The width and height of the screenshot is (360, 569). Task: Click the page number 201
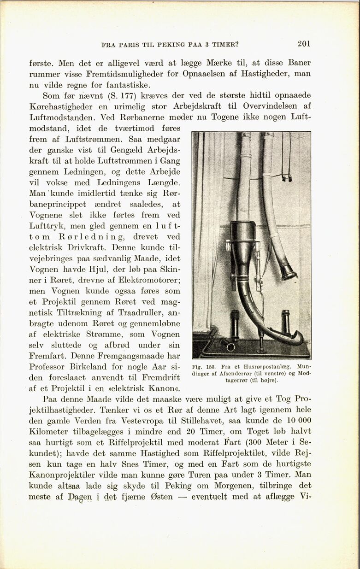click(x=304, y=44)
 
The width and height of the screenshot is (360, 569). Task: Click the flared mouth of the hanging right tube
click(x=289, y=272)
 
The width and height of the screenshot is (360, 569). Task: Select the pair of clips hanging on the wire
click(x=287, y=177)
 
